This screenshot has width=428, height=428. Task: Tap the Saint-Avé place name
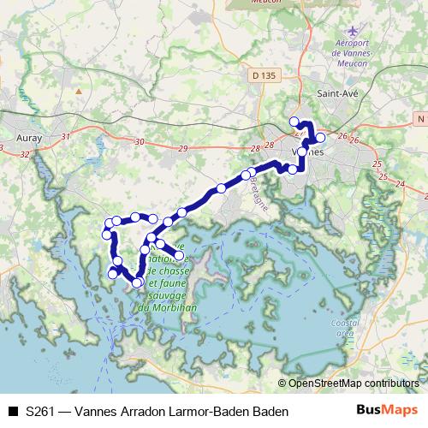pos(336,92)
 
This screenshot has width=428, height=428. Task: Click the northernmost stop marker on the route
pos(294,122)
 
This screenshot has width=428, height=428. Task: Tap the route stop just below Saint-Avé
pos(321,137)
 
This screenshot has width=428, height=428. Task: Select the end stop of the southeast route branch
pos(179,255)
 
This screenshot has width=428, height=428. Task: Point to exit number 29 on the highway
pos(182,149)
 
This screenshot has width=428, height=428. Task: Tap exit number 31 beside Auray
pos(65,135)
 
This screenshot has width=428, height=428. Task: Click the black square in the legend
pos(12,411)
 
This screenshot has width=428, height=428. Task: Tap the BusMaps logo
pos(389,410)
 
